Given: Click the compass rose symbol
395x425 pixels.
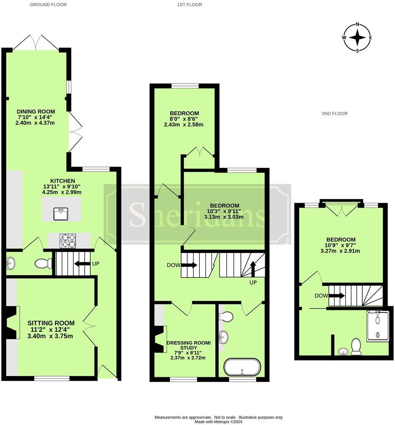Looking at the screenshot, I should [x=357, y=38].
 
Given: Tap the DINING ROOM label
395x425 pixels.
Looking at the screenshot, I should [x=36, y=111].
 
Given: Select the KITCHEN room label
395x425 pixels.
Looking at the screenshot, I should [x=63, y=180].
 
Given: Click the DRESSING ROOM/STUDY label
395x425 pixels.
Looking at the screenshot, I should [x=188, y=345].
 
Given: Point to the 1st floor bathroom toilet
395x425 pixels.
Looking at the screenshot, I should [x=228, y=316].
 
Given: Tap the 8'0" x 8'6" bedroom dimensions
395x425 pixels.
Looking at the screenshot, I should [x=184, y=119].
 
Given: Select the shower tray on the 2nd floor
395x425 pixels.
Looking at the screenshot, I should [x=378, y=326].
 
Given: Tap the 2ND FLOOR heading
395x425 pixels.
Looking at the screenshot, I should [x=334, y=113].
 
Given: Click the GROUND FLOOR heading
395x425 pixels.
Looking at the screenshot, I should [x=48, y=5].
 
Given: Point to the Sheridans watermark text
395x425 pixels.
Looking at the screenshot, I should [x=197, y=214].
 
